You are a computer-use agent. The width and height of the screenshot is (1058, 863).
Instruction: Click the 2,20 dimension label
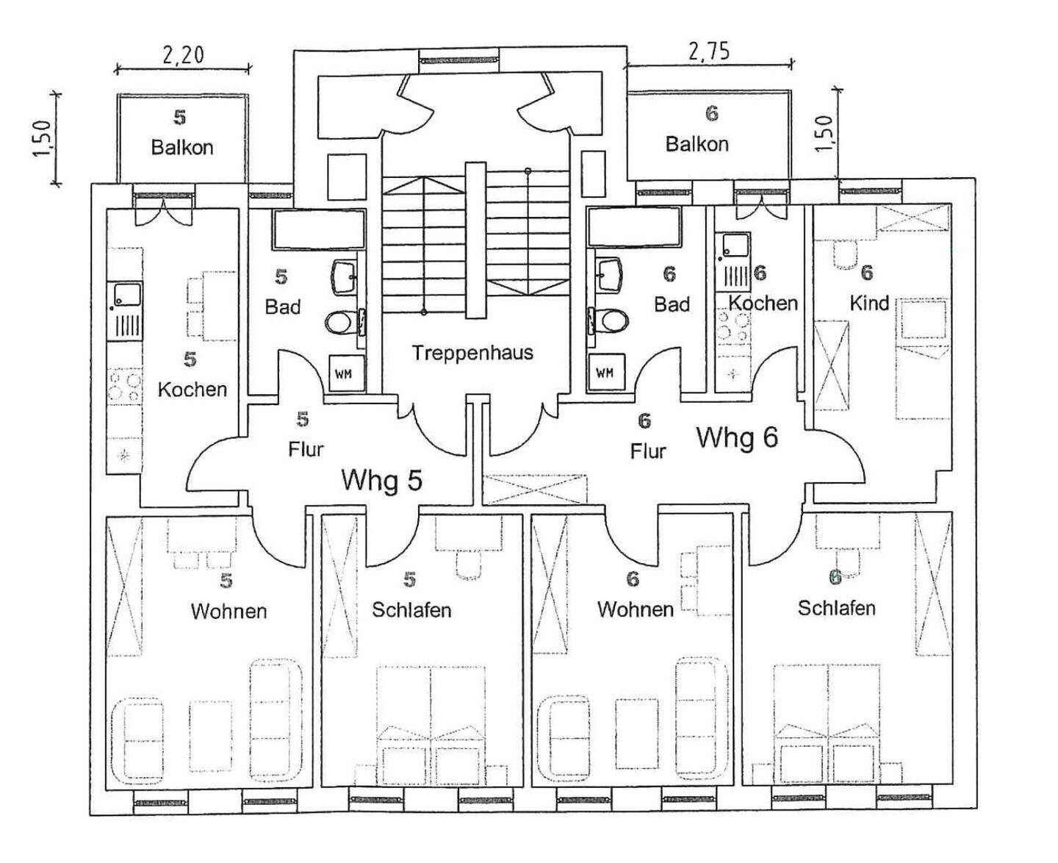pos(183,54)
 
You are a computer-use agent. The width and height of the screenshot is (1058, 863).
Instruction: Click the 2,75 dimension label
pos(708,51)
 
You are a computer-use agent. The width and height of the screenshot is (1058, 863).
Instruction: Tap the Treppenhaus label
pos(472,353)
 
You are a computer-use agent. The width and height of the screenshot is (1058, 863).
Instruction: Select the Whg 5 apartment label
pos(382,480)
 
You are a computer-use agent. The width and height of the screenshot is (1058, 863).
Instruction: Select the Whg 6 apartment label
pos(738,437)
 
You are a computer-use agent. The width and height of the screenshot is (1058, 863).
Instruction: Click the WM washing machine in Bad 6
pos(605,373)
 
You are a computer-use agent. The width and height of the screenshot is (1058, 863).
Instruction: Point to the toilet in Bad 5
pos(342,322)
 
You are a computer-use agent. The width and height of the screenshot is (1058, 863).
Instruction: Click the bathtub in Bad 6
pos(633,228)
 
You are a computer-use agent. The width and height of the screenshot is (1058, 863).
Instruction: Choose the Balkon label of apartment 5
pos(182,148)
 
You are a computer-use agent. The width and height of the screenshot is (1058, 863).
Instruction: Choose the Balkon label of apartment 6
pos(697,145)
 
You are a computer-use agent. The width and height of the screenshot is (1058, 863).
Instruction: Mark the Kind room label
pos(869,304)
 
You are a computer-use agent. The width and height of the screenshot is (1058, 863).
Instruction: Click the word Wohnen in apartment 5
pos(228,612)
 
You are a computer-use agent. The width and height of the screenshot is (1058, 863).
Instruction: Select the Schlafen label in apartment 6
pos(837,609)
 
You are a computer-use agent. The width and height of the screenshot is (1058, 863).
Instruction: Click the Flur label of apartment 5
pos(306,449)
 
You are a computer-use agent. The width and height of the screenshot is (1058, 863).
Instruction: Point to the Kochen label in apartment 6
pos(763,304)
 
